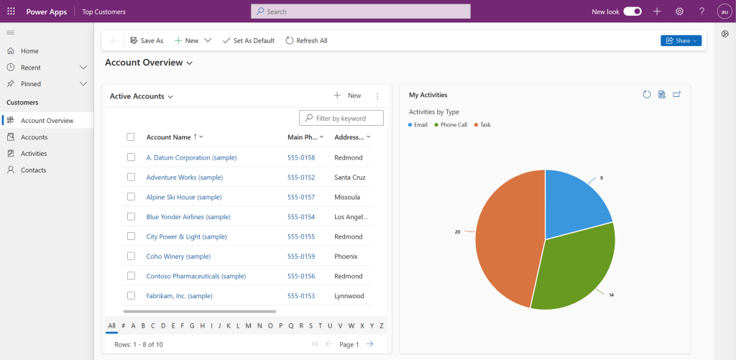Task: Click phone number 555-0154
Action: (x=301, y=216)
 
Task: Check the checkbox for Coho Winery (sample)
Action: (x=131, y=256)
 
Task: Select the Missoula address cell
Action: (x=347, y=197)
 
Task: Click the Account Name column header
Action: (x=169, y=137)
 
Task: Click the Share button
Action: (x=680, y=41)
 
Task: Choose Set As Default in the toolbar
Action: (x=249, y=41)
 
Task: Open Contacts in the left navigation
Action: (x=33, y=170)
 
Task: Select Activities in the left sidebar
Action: (x=34, y=154)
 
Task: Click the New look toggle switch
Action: (x=632, y=11)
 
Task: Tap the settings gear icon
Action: (x=679, y=11)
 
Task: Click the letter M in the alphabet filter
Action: (x=248, y=326)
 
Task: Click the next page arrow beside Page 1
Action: (x=369, y=344)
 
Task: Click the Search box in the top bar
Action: (x=361, y=11)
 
